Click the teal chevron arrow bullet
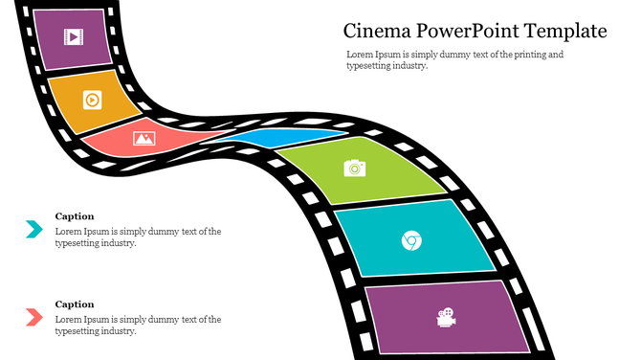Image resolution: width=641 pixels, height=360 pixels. pos(33,229)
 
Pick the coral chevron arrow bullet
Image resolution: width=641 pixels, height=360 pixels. pos(33,316)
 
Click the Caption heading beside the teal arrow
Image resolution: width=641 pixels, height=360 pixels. pos(75,216)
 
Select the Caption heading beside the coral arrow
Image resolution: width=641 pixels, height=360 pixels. pos(75,304)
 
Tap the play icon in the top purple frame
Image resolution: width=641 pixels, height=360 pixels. pos(73,37)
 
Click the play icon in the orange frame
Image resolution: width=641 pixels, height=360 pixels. pos(92,99)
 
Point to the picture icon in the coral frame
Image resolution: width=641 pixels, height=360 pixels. pos(144,138)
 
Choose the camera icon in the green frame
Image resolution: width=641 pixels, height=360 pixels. pos(355,168)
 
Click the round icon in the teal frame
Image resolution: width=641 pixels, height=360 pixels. pos(411,239)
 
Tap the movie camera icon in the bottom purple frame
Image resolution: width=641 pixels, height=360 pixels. pos(445,317)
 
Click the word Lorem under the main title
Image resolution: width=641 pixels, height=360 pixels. pos(358,55)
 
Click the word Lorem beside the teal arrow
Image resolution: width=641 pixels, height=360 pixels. pos(67,231)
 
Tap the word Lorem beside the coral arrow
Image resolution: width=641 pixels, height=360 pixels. pos(67,319)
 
